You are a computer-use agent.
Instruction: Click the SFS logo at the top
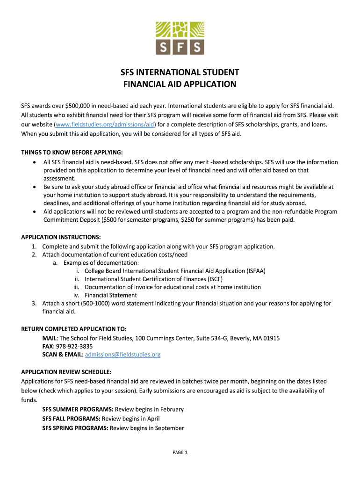tap(180, 37)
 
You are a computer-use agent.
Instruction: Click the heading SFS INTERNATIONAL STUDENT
tap(180, 73)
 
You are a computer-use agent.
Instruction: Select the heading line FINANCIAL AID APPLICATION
tap(180, 85)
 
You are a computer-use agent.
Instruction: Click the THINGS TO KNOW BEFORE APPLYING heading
tap(72, 152)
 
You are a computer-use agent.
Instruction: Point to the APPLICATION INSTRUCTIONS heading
tap(61, 237)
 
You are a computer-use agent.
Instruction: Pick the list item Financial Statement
tap(111, 295)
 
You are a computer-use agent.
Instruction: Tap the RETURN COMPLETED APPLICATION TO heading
tap(74, 329)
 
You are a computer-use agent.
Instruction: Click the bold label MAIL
tap(50, 338)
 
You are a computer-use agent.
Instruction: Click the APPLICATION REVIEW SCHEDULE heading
tap(66, 372)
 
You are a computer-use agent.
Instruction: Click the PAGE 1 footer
tap(180, 452)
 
